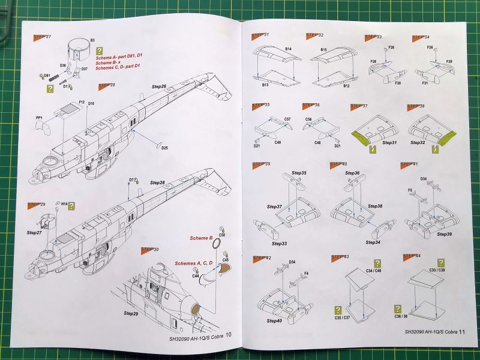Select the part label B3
click(92, 40)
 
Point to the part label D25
click(164, 148)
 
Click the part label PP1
click(39, 127)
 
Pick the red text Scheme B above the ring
click(202, 238)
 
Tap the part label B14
click(289, 49)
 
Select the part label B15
click(323, 50)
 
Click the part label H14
click(64, 204)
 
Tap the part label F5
click(410, 191)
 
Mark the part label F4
click(306, 274)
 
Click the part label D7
click(131, 180)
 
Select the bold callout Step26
click(158, 87)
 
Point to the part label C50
click(222, 235)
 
